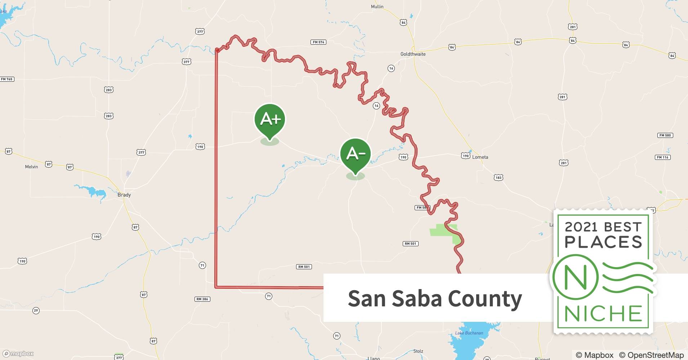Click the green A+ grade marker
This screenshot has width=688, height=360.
tap(270, 119)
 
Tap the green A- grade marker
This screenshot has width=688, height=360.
tap(355, 154)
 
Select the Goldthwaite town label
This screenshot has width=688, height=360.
tap(413, 54)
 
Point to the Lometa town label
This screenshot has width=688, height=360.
tap(480, 157)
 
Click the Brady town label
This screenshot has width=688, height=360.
tap(124, 195)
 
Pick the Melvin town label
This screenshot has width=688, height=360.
tap(31, 167)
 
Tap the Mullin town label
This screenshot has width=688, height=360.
tap(377, 6)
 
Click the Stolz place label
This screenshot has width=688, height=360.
tap(418, 351)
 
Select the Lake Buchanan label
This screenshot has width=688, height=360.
tap(469, 333)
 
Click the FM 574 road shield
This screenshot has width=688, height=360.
tap(318, 42)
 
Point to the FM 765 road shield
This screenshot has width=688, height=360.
tap(7, 79)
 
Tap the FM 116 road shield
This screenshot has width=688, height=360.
tap(662, 157)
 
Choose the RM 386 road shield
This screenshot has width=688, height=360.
tap(202, 299)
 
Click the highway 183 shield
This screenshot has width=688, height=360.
tap(499, 177)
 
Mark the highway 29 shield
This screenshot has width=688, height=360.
tap(36, 311)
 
